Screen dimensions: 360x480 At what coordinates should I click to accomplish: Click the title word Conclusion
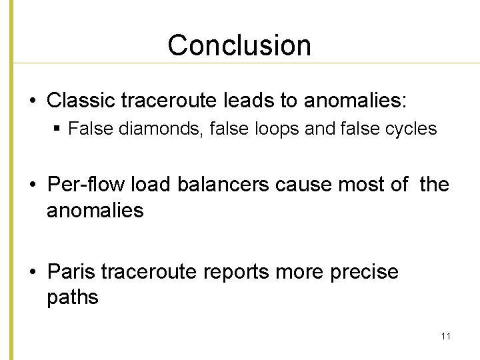click(239, 45)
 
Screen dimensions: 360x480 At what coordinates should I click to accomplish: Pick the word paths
click(72, 297)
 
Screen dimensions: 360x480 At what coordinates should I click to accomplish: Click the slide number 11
click(445, 336)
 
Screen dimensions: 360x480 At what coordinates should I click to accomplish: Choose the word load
click(151, 185)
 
